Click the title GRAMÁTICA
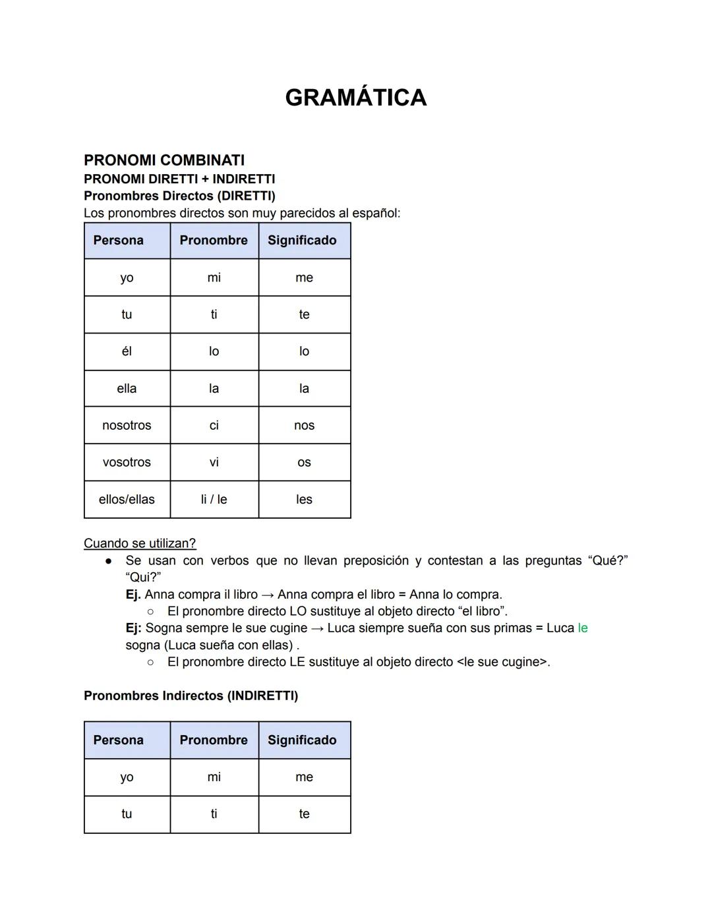tap(355, 98)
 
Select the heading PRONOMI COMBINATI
tap(164, 160)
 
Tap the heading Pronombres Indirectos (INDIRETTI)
tap(191, 696)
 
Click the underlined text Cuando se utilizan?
tap(140, 543)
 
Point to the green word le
tap(582, 628)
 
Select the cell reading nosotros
tap(127, 425)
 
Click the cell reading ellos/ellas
tap(127, 499)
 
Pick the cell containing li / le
tap(214, 499)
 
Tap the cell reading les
tap(304, 499)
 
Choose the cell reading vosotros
tap(127, 462)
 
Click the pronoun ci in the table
tap(214, 425)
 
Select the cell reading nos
tap(304, 425)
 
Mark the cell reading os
tap(304, 462)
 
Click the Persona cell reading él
tap(127, 351)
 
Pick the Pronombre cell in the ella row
tap(214, 388)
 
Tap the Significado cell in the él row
tap(304, 351)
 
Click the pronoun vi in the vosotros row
tap(214, 462)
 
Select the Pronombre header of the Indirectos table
tap(214, 740)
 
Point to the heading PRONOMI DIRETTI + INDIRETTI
tap(179, 179)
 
